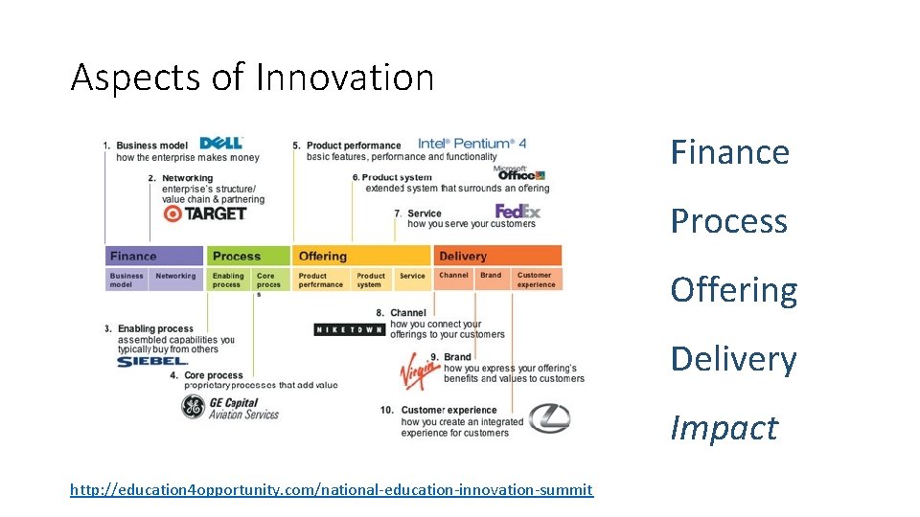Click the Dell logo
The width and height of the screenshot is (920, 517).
[220, 144]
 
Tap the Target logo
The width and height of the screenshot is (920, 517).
[205, 213]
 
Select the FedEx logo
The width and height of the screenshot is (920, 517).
[517, 212]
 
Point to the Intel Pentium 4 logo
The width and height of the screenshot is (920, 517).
[471, 143]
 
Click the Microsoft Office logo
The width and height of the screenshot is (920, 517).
[520, 173]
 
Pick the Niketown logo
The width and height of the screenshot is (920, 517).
[349, 329]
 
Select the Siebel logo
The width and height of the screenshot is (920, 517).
[152, 361]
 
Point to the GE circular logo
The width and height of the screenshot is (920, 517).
[194, 407]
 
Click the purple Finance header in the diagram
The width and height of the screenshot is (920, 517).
[153, 256]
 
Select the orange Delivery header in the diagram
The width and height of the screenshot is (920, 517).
[497, 256]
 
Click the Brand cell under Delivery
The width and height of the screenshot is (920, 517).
[491, 277]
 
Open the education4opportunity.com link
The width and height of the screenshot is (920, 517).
[332, 490]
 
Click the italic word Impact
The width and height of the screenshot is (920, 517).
[724, 428]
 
